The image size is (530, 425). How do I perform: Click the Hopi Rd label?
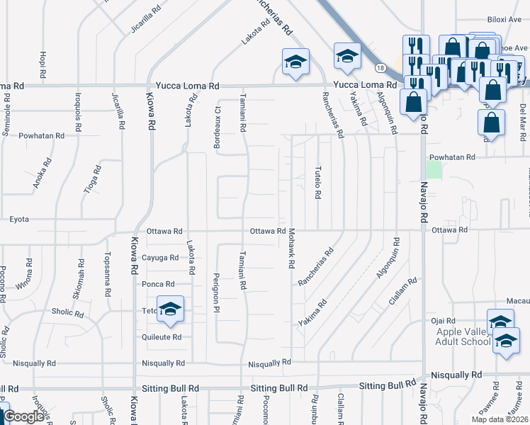(44, 64)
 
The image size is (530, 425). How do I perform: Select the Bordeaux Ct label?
(218, 117)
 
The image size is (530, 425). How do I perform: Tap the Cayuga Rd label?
(160, 257)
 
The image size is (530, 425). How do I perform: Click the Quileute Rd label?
(162, 336)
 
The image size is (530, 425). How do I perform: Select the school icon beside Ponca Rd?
(170, 309)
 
